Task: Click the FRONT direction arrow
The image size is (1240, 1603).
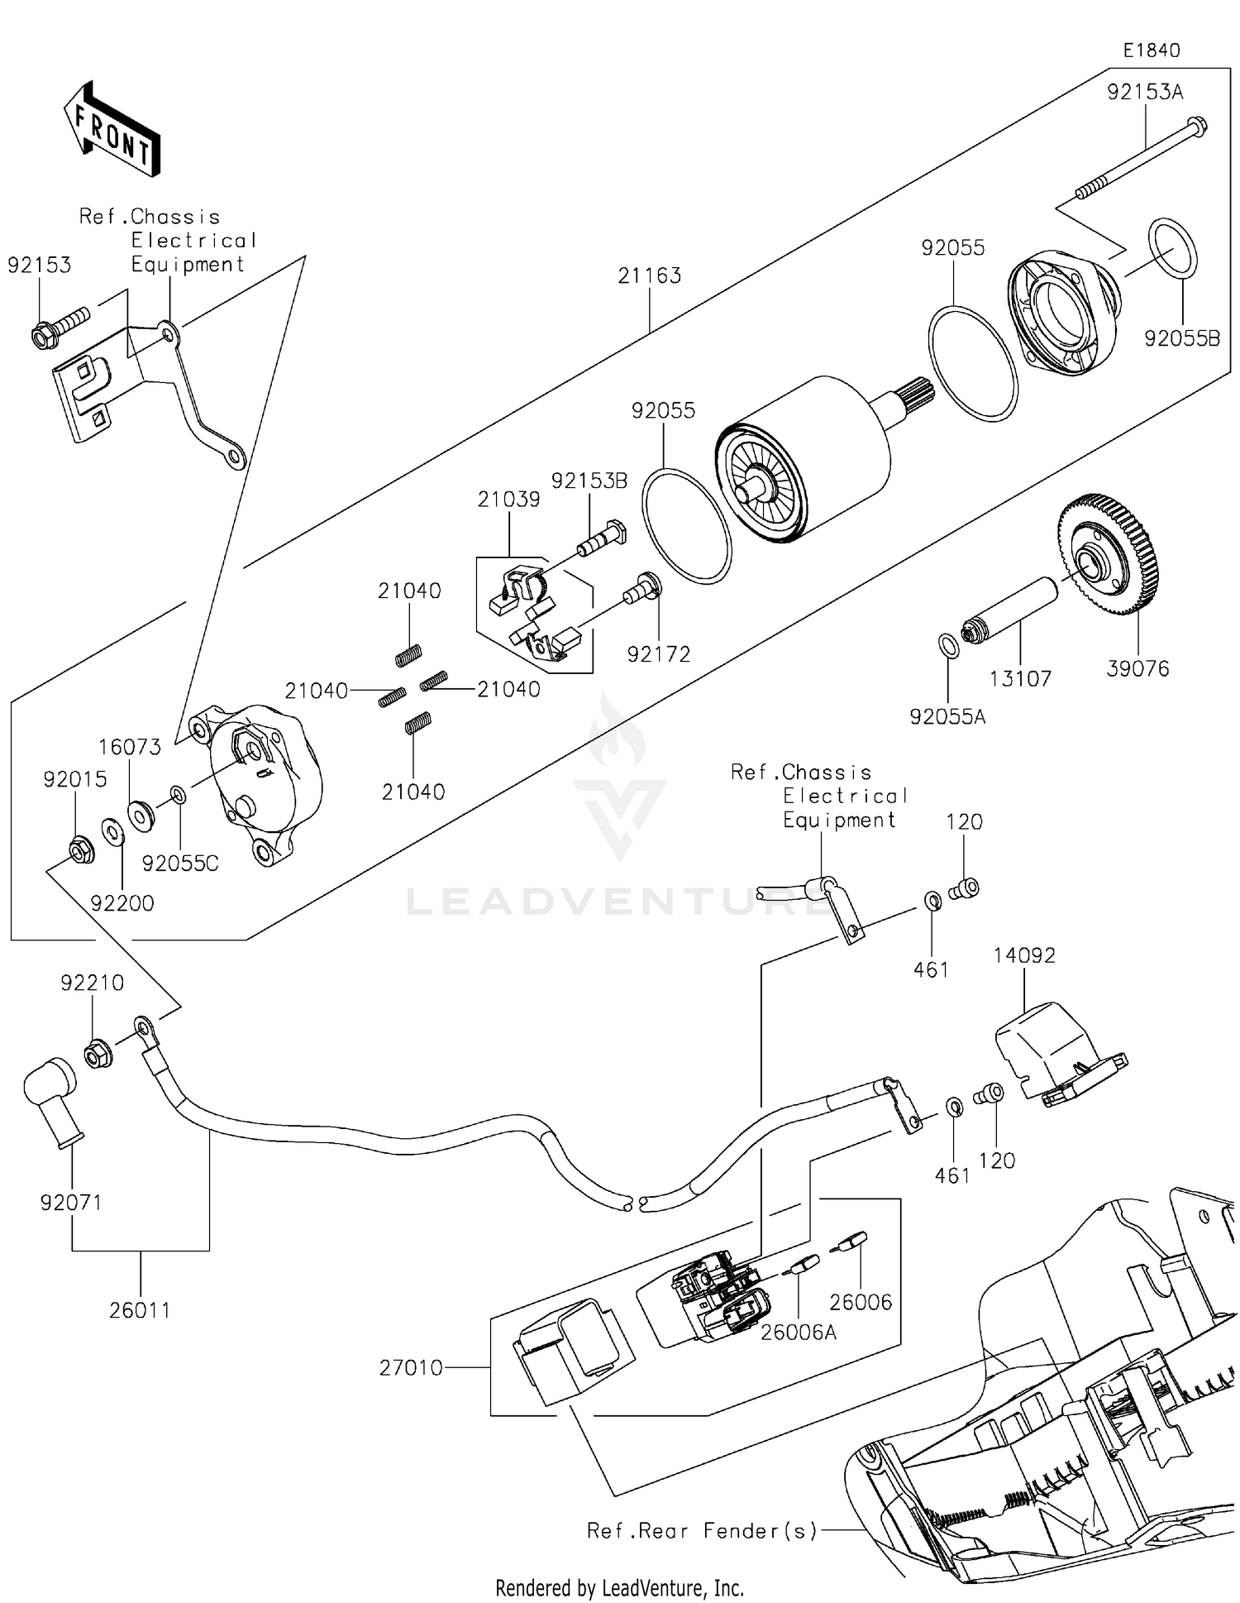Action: point(112,131)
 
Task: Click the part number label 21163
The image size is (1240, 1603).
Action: point(649,276)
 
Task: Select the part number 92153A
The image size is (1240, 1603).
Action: point(1145,93)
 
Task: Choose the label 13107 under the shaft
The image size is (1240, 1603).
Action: point(1020,679)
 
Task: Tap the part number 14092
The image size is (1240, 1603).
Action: point(1024,955)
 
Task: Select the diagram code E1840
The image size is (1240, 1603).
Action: point(1151,50)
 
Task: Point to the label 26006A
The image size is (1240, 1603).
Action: point(799,1333)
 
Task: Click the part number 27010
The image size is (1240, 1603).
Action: point(411,1368)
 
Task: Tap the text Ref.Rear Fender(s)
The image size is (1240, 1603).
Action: point(702,1531)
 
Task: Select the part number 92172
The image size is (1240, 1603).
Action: point(658,654)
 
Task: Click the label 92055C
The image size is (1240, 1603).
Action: point(180,864)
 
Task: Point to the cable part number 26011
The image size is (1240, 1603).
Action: point(140,1310)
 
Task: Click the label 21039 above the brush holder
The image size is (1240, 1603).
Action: point(508,500)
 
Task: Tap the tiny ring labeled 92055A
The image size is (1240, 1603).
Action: point(950,645)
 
